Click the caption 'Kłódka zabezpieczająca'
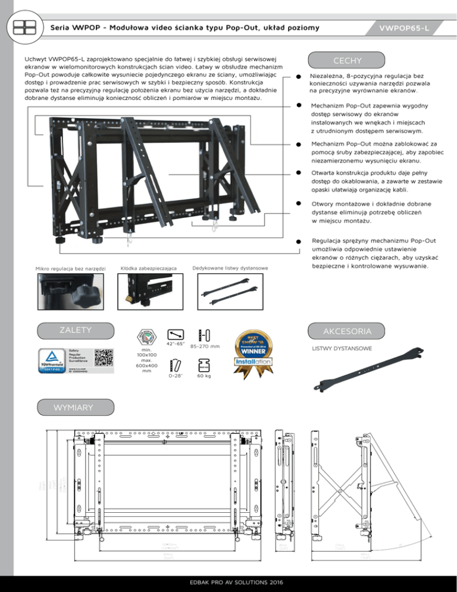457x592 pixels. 149,269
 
